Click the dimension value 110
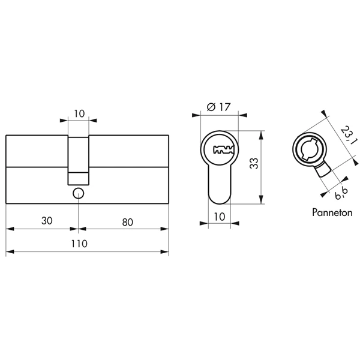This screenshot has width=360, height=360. point(79,244)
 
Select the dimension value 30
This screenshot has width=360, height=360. point(47,221)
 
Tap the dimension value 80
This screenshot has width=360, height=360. point(127,222)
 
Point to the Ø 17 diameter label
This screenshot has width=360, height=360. point(218,107)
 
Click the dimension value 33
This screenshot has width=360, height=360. point(254,163)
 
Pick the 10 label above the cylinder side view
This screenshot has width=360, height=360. point(79,113)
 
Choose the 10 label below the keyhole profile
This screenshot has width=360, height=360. point(220,217)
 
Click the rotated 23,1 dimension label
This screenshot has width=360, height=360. point(348,136)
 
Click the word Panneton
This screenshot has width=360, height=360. point(332,212)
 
